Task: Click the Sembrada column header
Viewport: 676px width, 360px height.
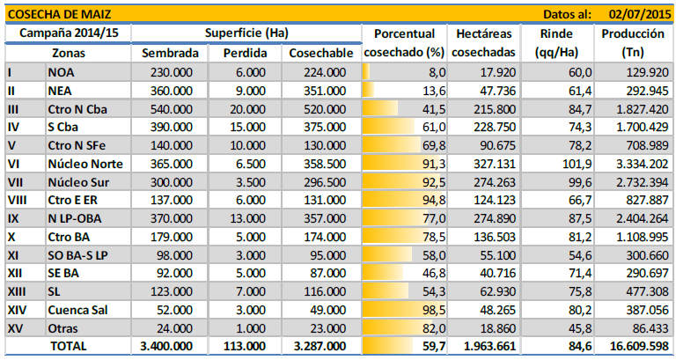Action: click(170, 53)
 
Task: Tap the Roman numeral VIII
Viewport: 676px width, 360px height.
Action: click(18, 200)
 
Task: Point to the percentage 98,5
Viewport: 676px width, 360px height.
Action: click(426, 309)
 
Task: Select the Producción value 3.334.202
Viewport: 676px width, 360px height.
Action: click(636, 163)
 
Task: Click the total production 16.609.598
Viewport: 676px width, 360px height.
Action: click(632, 347)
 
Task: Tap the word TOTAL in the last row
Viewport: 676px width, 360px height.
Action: click(69, 347)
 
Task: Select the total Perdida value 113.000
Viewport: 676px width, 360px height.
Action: click(242, 347)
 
